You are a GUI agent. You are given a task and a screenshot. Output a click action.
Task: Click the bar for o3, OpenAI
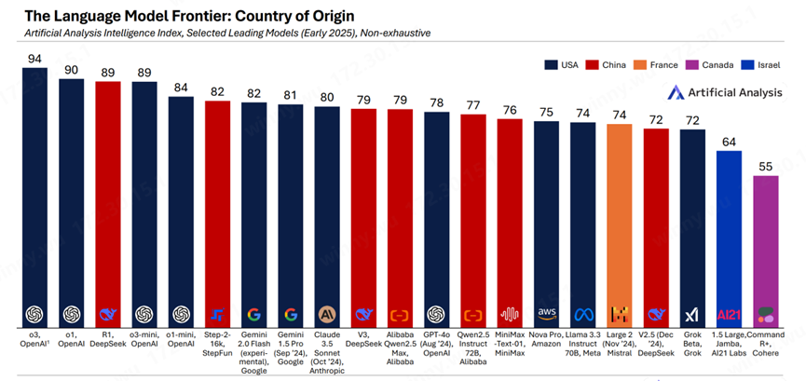tap(35, 186)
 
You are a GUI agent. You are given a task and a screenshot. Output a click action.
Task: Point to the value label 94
tap(35, 59)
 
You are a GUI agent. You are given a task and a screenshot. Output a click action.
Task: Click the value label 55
tap(765, 166)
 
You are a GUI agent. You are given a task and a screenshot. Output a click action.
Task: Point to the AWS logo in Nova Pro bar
tap(546, 313)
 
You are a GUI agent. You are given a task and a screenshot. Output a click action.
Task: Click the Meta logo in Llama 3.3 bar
tap(583, 313)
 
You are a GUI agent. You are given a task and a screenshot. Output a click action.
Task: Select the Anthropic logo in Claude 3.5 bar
tap(327, 313)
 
